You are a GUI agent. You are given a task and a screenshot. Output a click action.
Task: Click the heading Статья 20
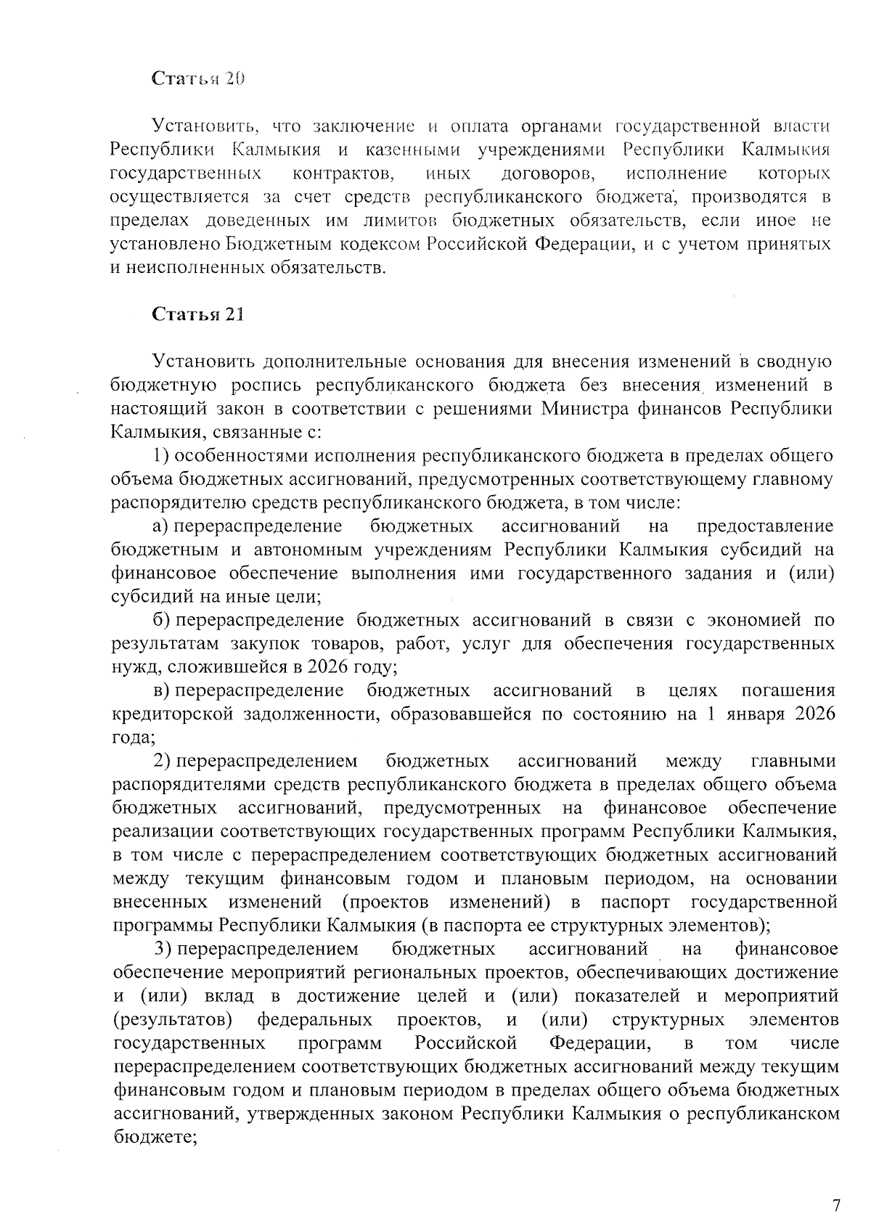(x=197, y=79)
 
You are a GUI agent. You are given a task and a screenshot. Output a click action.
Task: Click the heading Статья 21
(x=197, y=314)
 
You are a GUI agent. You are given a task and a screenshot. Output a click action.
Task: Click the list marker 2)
(x=161, y=761)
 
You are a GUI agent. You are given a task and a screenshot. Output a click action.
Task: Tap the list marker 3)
(x=163, y=949)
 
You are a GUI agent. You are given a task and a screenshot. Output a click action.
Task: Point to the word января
(x=751, y=714)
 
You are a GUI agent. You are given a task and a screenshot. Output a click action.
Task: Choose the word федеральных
(x=315, y=1020)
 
